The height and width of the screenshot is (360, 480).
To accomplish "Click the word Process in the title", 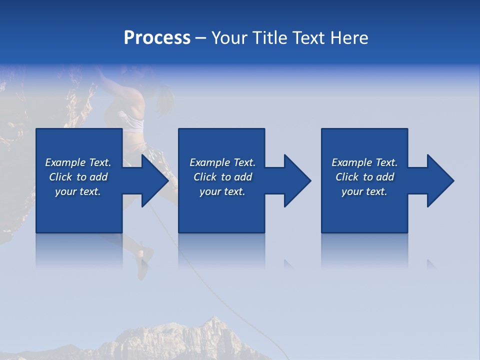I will pyautogui.click(x=157, y=38).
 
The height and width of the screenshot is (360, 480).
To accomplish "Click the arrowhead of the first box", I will pyautogui.click(x=154, y=180).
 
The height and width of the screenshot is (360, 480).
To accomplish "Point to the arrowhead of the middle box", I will pyautogui.click(x=297, y=180).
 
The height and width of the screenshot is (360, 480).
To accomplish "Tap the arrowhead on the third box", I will pyautogui.click(x=440, y=180).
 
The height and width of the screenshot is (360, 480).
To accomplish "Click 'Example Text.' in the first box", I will pyautogui.click(x=78, y=162).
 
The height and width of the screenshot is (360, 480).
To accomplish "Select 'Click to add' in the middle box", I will pyautogui.click(x=222, y=177).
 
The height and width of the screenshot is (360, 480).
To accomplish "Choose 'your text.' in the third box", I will pyautogui.click(x=364, y=191).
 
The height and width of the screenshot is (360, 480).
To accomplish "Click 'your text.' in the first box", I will pyautogui.click(x=78, y=191).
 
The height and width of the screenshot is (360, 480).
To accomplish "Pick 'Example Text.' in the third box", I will pyautogui.click(x=364, y=162).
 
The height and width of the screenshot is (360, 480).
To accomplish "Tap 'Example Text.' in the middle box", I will pyautogui.click(x=222, y=162).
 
